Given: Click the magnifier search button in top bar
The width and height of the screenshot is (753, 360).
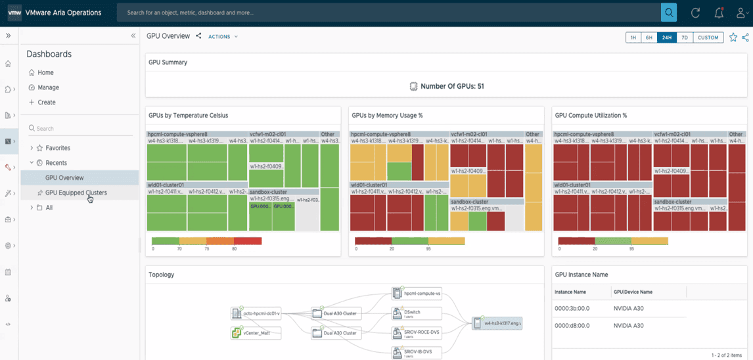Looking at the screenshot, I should tap(669, 12).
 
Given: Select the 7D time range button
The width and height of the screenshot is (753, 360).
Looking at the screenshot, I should tap(684, 37).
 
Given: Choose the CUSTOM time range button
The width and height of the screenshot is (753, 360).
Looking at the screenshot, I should tap(708, 37).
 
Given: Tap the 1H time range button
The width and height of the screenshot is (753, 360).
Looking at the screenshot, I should tap(633, 37).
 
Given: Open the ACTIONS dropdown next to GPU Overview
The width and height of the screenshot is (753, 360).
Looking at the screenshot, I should tap(223, 37).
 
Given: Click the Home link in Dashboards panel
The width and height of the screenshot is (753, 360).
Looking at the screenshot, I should tap(45, 72).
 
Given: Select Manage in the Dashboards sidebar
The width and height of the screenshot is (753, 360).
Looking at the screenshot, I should tap(48, 87).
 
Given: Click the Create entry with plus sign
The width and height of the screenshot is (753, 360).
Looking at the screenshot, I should tap(46, 102).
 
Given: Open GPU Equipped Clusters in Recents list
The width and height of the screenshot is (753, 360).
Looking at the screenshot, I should tap(76, 192).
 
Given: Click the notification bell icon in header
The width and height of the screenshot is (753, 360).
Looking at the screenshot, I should tap(719, 12).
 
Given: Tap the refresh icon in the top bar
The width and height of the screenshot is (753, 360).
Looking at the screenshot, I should tap(695, 12).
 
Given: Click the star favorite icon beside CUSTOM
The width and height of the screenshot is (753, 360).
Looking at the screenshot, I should tap(733, 37).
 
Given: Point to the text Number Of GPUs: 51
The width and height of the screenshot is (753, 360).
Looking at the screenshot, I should tap(452, 86).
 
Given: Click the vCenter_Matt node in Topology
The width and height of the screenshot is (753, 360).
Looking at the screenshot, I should tap(257, 334).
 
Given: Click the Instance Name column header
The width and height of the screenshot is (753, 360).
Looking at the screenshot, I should tap(570, 292).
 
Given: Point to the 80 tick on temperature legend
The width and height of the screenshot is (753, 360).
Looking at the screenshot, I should tap(234, 250).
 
